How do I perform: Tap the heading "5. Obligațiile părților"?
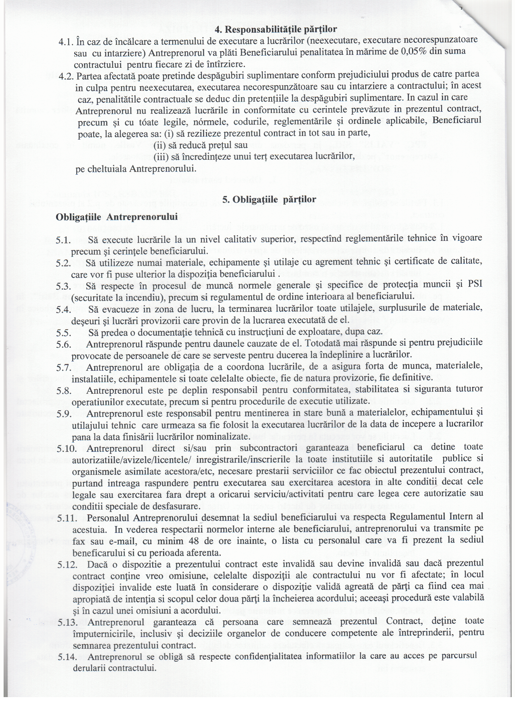coord(269,199)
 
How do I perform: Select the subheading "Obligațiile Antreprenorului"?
coord(117,217)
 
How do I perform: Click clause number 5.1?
coord(63,240)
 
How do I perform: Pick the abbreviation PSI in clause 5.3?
coord(475,284)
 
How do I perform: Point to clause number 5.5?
coord(64,333)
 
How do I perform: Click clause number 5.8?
coord(64,391)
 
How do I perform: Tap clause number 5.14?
coord(67,657)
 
